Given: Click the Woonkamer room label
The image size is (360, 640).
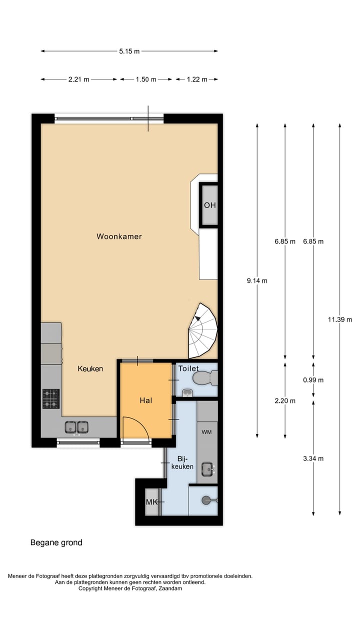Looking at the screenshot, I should pyautogui.click(x=119, y=236).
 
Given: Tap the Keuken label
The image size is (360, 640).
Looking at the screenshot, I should pyautogui.click(x=90, y=369).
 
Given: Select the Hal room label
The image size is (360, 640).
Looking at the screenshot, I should pyautogui.click(x=145, y=400).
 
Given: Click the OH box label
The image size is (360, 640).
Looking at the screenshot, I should pyautogui.click(x=209, y=205).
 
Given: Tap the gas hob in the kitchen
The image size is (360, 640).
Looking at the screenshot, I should pyautogui.click(x=51, y=399).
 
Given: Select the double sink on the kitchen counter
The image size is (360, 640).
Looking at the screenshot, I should pyautogui.click(x=76, y=427).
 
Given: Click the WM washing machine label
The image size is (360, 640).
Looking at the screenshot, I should pyautogui.click(x=206, y=431).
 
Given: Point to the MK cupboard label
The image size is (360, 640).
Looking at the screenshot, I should pyautogui.click(x=151, y=502).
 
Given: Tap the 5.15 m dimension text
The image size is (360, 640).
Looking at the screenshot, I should pyautogui.click(x=129, y=51).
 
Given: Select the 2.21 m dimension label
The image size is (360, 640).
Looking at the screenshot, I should pyautogui.click(x=79, y=79).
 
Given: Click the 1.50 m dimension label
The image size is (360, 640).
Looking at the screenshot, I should pyautogui.click(x=146, y=79).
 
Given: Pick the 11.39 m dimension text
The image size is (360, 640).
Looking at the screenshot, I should pyautogui.click(x=340, y=320).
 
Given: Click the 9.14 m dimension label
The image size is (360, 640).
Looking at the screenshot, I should pyautogui.click(x=257, y=281).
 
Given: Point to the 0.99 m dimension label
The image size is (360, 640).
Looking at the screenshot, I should pyautogui.click(x=313, y=380).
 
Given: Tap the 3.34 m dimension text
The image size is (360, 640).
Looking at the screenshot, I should pyautogui.click(x=313, y=459).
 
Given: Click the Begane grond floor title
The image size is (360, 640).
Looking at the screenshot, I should pyautogui.click(x=56, y=542).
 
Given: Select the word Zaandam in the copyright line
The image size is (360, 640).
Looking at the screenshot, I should pyautogui.click(x=170, y=588).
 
